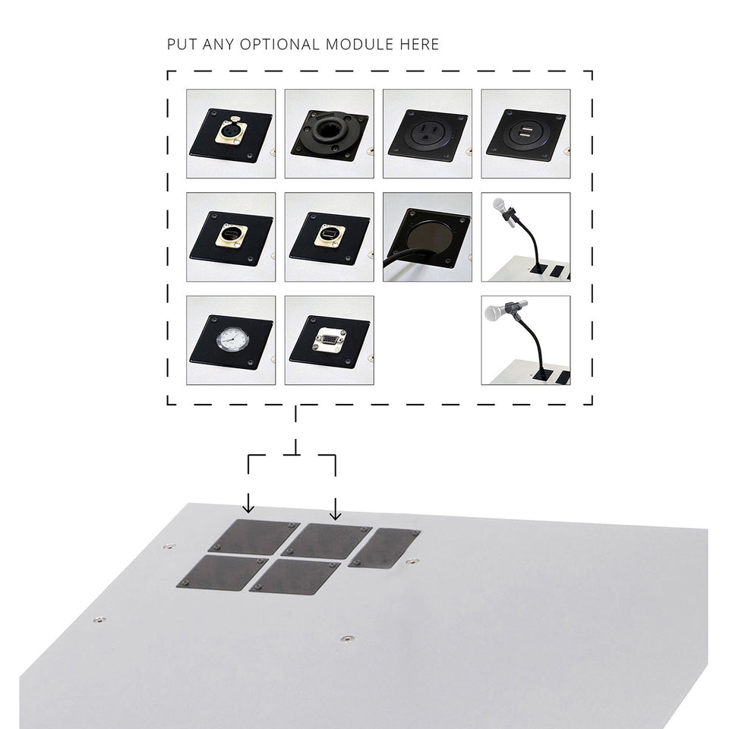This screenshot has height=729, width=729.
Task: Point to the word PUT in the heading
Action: pos(181,44)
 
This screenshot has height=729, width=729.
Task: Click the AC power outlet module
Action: pos(425,134)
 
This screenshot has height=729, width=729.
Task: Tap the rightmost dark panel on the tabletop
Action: pos(386,548)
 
